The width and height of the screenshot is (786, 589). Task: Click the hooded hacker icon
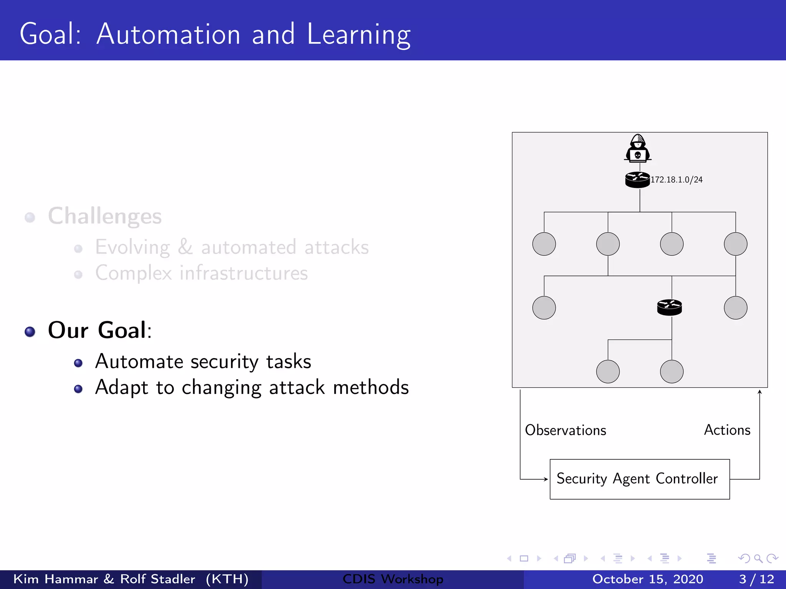point(637,148)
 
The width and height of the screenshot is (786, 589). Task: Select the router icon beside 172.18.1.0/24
point(637,179)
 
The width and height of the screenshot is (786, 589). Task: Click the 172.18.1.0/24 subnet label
point(677,179)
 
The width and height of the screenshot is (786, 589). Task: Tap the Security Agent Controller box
point(639,479)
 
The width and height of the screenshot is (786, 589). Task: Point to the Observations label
point(565,430)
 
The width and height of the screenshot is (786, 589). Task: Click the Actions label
point(727,430)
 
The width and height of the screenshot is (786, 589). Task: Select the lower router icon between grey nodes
point(669,307)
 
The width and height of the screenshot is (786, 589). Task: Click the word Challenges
point(105,216)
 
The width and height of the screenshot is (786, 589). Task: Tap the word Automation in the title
point(168,35)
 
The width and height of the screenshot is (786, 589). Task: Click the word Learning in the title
point(358,35)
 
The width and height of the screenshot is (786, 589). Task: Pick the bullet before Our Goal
point(30,332)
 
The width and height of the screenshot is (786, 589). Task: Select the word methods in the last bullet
point(371,387)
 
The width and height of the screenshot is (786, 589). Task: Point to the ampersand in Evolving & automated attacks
point(185,247)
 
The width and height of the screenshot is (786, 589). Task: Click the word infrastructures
point(244,273)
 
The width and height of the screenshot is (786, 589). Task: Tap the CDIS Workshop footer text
point(393,579)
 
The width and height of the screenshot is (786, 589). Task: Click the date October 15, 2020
point(647,579)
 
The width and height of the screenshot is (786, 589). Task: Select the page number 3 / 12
point(756,579)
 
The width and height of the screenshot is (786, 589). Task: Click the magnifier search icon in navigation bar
point(758,558)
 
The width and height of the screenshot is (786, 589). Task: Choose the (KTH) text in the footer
point(227,579)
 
